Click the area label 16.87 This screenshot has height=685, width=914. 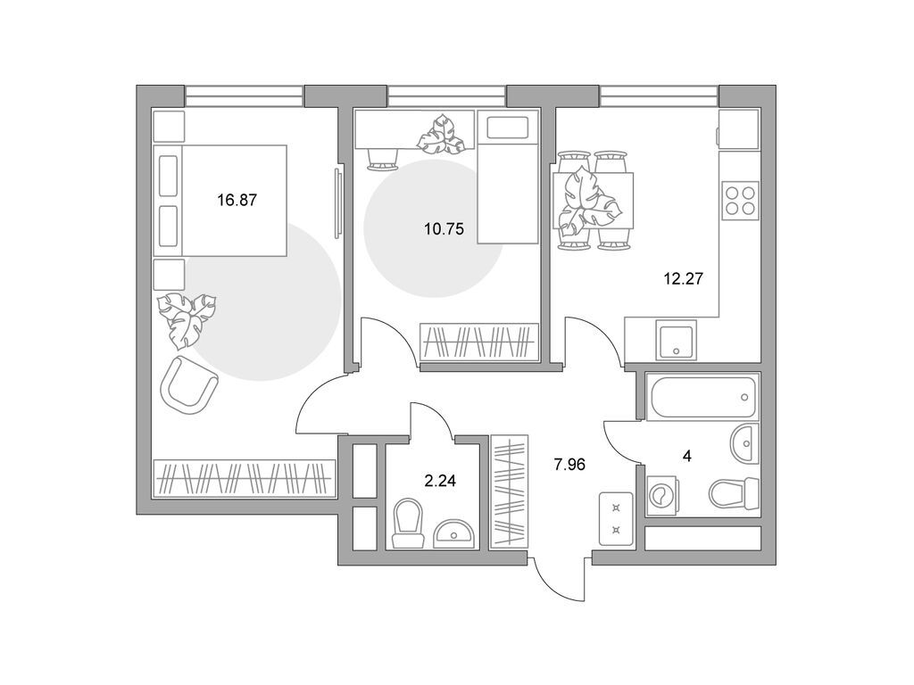[237, 201]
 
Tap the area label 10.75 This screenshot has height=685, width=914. [444, 227]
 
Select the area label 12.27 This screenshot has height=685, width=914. [683, 277]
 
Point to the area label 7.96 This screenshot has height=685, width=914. [569, 464]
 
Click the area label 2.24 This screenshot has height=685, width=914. [440, 481]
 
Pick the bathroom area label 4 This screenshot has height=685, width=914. [686, 456]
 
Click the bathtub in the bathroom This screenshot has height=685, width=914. [703, 397]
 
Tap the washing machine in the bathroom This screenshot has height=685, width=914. [664, 498]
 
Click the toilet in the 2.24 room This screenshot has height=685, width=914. [407, 523]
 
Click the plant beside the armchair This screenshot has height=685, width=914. [187, 317]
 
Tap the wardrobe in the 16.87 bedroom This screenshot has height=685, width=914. [243, 478]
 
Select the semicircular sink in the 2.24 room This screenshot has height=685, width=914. [455, 534]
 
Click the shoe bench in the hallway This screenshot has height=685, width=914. [615, 518]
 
